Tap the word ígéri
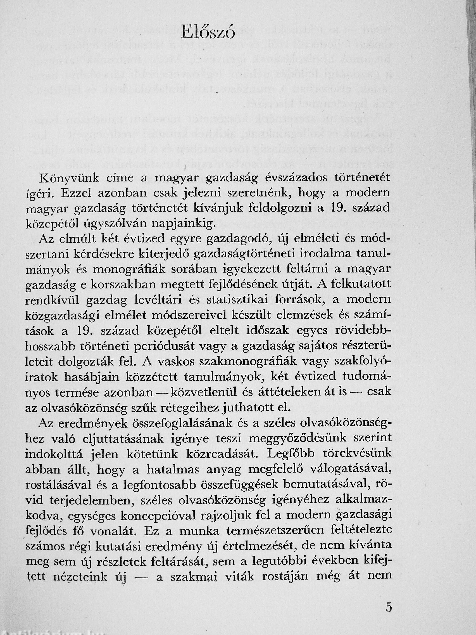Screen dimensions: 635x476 (x=39, y=194)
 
